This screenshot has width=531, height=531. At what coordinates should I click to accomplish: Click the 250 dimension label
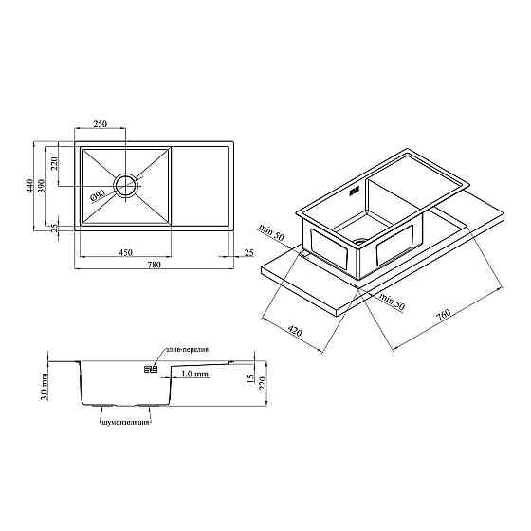point(100,124)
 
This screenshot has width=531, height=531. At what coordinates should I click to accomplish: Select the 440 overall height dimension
point(29,186)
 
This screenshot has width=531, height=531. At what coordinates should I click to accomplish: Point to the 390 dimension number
point(41,186)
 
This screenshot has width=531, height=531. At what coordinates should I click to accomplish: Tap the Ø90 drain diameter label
point(98,195)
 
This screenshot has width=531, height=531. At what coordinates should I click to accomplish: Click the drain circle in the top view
point(126,186)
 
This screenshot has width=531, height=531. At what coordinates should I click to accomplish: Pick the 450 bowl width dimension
point(125,252)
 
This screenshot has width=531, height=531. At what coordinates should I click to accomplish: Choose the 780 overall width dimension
point(154,265)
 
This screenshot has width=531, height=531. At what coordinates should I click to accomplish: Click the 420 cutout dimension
point(294,331)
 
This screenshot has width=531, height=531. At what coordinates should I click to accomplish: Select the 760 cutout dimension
point(443,315)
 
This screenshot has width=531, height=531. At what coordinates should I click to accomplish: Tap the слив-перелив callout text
point(187,349)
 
